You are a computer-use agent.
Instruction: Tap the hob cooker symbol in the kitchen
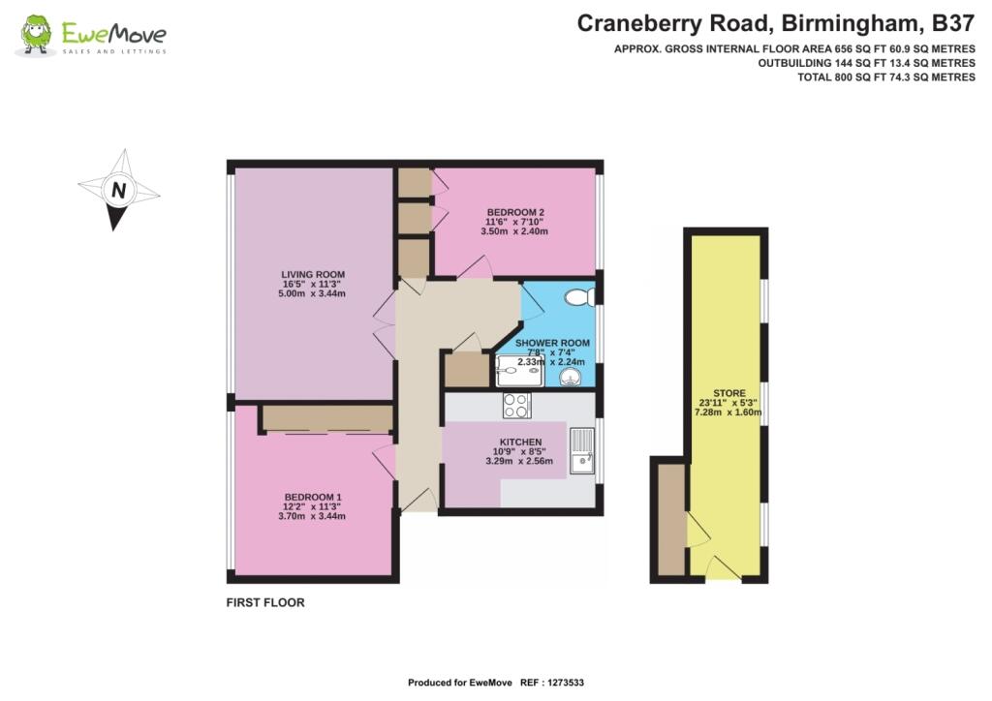(x=516, y=405)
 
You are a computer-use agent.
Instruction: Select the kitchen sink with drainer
(x=582, y=451)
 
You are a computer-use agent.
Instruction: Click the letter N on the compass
(x=118, y=191)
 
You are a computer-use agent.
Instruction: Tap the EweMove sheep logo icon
(x=37, y=35)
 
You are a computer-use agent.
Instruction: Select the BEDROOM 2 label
(x=515, y=212)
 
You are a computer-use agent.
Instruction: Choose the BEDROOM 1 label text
(x=312, y=497)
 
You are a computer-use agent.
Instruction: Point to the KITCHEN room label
(x=523, y=442)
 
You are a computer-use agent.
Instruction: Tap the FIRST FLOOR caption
(x=265, y=602)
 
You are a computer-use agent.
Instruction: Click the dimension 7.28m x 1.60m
(x=728, y=412)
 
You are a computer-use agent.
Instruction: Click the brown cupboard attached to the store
(x=670, y=520)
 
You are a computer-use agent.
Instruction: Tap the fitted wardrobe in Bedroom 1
(x=326, y=418)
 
